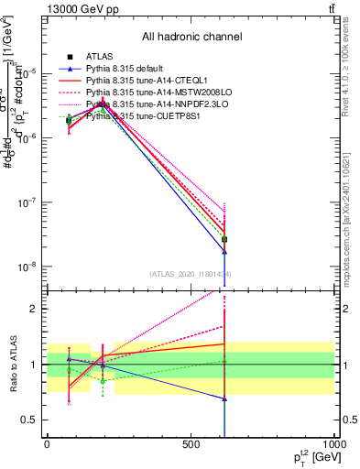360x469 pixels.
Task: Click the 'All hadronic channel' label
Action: (x=191, y=38)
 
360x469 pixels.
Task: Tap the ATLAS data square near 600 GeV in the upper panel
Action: (x=224, y=239)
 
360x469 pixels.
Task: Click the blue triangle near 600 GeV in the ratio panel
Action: (x=224, y=399)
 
